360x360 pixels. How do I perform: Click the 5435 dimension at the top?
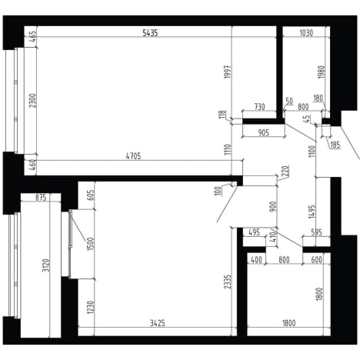150,33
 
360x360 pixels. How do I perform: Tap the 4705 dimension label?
133,156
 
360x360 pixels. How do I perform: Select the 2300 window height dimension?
33,101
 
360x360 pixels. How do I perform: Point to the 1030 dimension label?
306,33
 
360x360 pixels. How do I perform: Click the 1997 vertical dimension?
228,72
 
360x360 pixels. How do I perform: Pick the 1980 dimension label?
322,72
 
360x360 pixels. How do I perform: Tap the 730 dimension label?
259,107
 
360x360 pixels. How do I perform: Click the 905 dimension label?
263,132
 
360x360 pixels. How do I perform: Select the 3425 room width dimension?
157,323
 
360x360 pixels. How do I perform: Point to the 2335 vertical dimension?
228,282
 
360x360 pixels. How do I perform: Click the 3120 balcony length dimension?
45,265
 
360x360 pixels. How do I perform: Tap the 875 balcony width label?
41,198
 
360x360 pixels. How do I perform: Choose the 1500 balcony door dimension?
91,244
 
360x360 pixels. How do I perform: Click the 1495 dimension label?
312,212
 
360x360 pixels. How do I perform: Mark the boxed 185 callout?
335,145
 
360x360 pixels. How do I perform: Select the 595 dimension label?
315,232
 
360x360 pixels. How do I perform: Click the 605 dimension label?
91,195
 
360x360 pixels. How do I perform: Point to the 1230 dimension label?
91,307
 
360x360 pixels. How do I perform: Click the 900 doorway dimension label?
273,207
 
